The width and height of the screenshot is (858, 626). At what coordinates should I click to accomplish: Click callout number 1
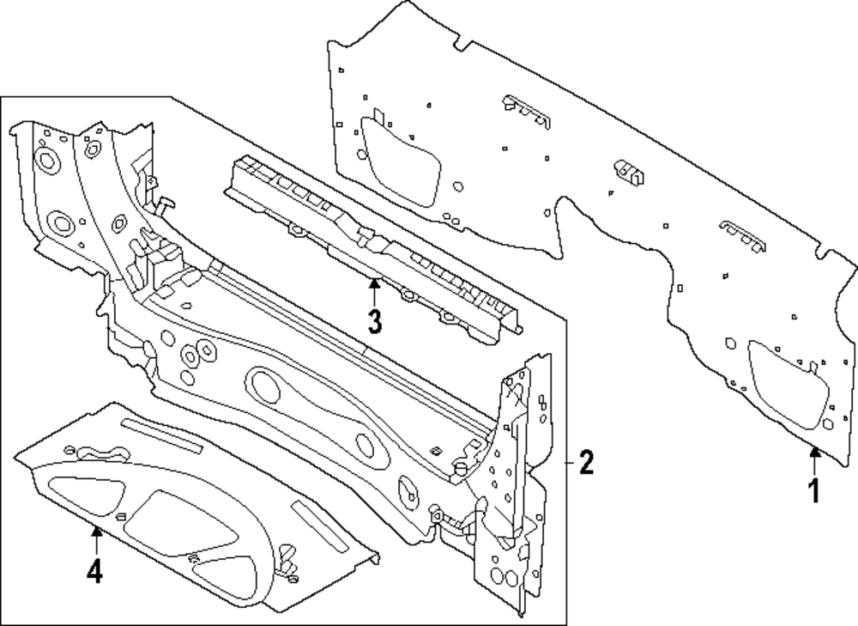(x=815, y=490)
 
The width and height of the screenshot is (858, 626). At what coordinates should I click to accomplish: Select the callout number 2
(x=586, y=463)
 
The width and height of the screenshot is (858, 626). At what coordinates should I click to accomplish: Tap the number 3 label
(x=375, y=321)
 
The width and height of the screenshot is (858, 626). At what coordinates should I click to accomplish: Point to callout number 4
(x=94, y=571)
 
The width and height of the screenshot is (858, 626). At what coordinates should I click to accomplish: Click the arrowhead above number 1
(x=815, y=452)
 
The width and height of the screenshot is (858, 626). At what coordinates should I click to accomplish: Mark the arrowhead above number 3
(x=374, y=283)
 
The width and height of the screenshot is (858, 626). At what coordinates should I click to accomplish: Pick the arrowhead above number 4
(x=96, y=530)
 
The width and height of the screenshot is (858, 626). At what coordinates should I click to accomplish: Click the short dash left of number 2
(x=569, y=463)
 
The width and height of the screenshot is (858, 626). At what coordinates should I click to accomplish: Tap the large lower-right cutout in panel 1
(x=788, y=384)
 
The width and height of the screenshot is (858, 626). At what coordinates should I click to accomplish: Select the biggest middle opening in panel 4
(x=180, y=524)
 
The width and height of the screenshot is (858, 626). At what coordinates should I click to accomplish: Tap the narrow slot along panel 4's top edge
(x=161, y=436)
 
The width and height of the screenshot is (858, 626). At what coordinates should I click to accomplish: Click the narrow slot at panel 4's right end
(x=319, y=526)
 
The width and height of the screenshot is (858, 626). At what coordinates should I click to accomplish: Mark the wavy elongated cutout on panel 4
(x=105, y=453)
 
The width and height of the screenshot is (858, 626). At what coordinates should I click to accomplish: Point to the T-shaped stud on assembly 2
(x=165, y=205)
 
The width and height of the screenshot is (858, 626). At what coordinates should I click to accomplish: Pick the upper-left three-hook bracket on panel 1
(x=527, y=112)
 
